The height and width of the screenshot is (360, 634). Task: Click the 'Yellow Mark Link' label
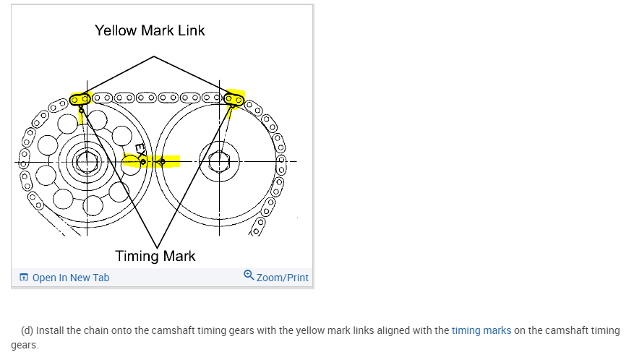150,30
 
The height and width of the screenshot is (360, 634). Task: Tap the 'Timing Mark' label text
155,256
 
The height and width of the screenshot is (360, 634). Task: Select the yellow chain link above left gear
80,98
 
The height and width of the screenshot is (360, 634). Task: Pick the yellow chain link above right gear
234,98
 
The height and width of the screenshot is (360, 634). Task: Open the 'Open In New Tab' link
71,278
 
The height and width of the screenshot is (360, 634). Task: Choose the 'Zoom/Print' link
282,278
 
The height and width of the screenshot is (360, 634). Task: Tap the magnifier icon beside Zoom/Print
249,275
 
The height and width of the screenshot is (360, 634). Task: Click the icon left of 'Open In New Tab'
24,278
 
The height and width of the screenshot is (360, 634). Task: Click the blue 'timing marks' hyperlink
481,330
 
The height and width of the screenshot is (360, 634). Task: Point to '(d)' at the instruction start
27,330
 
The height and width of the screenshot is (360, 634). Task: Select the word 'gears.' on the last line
25,345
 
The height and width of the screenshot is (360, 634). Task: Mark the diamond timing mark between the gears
162,160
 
